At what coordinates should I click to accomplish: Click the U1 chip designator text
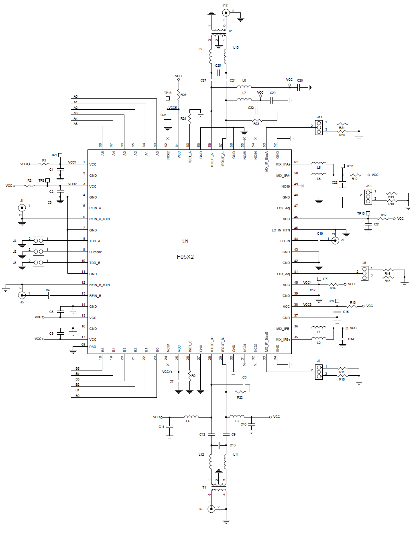[x=185, y=241]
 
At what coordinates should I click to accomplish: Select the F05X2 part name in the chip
[x=185, y=257]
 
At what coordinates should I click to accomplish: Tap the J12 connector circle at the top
[x=226, y=12]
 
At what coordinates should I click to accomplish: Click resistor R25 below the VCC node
[x=179, y=95]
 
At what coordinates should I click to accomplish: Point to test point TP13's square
[x=168, y=98]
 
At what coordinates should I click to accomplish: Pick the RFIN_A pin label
[x=95, y=208]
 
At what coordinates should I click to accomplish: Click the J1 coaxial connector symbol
[x=22, y=207]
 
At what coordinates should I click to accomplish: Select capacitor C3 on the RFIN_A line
[x=51, y=208]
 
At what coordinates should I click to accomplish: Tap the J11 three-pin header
[x=319, y=127]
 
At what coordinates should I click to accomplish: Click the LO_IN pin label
[x=285, y=241]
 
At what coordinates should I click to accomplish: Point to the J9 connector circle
[x=336, y=240]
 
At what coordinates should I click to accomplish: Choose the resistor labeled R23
[x=257, y=120]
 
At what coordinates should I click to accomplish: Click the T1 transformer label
[x=204, y=487]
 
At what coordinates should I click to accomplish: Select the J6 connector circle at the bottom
[x=212, y=509]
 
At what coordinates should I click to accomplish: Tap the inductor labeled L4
[x=191, y=417]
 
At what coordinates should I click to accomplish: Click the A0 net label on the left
[x=75, y=96]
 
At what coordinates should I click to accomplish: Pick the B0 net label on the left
[x=77, y=396]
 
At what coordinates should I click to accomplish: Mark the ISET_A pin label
[x=190, y=156]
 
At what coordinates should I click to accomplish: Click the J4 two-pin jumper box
[x=39, y=241]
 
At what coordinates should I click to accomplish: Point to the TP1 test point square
[x=60, y=155]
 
